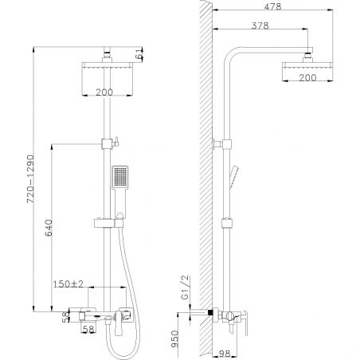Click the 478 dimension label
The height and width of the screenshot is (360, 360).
point(272,6)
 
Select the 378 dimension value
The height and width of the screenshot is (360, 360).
point(260,25)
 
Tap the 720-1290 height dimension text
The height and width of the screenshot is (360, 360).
point(30,179)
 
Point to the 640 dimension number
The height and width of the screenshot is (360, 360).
point(49,228)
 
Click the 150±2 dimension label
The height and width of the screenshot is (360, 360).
point(68,284)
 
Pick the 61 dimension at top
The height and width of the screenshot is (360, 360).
point(139,55)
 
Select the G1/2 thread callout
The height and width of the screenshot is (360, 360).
point(186,288)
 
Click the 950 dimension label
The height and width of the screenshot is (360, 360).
point(174,338)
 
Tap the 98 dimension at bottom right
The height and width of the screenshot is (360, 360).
point(225,354)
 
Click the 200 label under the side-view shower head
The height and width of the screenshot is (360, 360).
point(307,77)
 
